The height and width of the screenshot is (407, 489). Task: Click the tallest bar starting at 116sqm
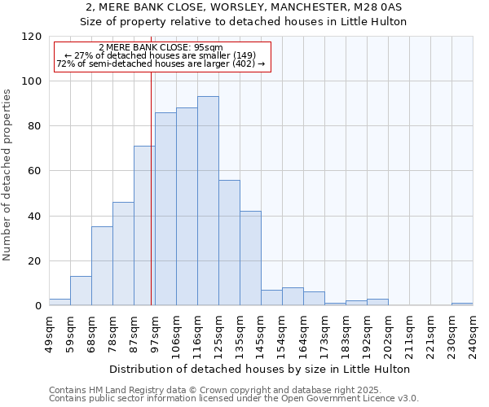[x=208, y=201]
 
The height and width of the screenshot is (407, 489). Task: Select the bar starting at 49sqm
[x=59, y=302]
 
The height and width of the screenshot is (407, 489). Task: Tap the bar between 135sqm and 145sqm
[x=250, y=258]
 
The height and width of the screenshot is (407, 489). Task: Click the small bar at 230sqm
[x=462, y=304]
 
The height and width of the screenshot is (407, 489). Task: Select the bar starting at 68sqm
[x=102, y=266]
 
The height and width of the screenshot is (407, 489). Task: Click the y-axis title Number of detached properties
[x=7, y=175]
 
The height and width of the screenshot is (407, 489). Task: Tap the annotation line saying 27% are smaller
[x=161, y=55]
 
